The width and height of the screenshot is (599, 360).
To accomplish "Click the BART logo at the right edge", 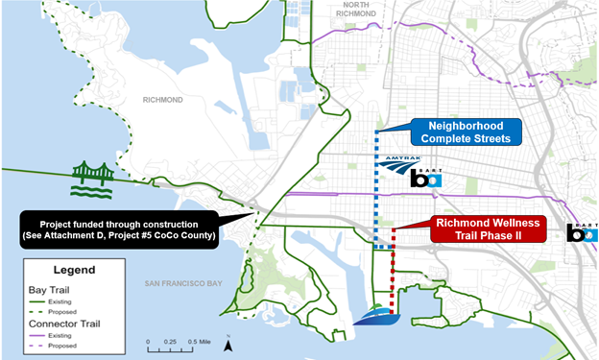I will (583, 230).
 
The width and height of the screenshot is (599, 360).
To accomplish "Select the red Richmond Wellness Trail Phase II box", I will (488, 228).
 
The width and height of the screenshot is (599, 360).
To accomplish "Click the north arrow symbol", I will (228, 344).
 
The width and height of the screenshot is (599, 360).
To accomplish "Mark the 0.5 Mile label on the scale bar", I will (199, 341).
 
